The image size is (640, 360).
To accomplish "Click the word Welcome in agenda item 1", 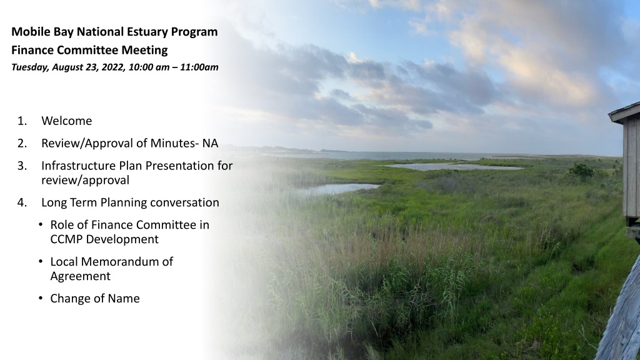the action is click(66, 121).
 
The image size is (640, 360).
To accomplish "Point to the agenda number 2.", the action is click(22, 143).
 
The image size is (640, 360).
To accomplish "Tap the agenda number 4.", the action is click(22, 202).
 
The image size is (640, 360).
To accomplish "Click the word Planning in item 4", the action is click(124, 203).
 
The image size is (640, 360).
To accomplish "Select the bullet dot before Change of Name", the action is click(41, 298).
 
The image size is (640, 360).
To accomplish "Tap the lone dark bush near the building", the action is click(581, 170).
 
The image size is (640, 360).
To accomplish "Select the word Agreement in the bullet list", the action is click(81, 276).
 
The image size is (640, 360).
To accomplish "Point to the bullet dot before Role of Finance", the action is click(41, 225).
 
